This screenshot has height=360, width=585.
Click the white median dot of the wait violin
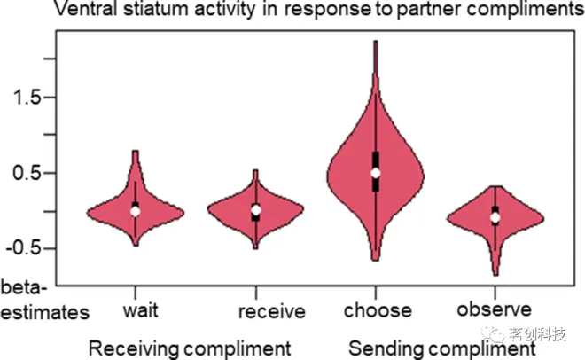tap(136, 210)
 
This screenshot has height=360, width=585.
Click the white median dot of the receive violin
tap(255, 210)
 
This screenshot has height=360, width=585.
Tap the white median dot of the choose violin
tap(376, 172)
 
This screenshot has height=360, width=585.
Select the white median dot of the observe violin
tap(495, 217)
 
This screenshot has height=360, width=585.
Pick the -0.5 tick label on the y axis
tap(19, 249)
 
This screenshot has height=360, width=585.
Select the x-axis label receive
tap(272, 311)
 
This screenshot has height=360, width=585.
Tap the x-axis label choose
tap(378, 310)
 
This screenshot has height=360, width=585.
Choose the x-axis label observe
tap(494, 309)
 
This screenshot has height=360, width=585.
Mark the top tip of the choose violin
tap(376, 41)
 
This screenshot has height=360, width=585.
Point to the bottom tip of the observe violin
tap(495, 275)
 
